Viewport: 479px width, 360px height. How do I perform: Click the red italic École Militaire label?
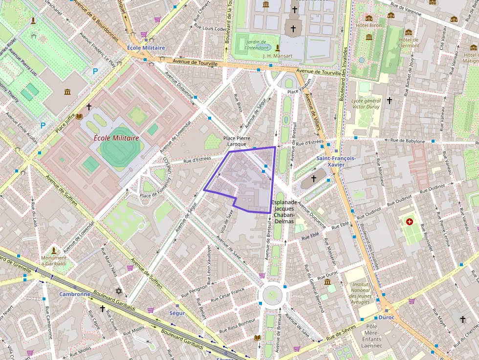116,138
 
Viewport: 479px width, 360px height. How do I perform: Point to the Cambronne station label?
74,294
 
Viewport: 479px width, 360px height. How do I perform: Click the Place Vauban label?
299,92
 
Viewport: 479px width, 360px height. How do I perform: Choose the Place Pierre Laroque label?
237,141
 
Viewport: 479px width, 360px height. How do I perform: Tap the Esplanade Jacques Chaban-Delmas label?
285,212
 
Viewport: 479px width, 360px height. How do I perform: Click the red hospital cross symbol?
409,222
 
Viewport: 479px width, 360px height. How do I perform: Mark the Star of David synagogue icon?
118,291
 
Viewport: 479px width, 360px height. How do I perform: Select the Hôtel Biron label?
368,25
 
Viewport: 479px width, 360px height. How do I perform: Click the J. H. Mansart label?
278,56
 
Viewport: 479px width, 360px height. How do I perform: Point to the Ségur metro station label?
177,313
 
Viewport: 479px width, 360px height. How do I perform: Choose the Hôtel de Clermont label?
409,42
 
